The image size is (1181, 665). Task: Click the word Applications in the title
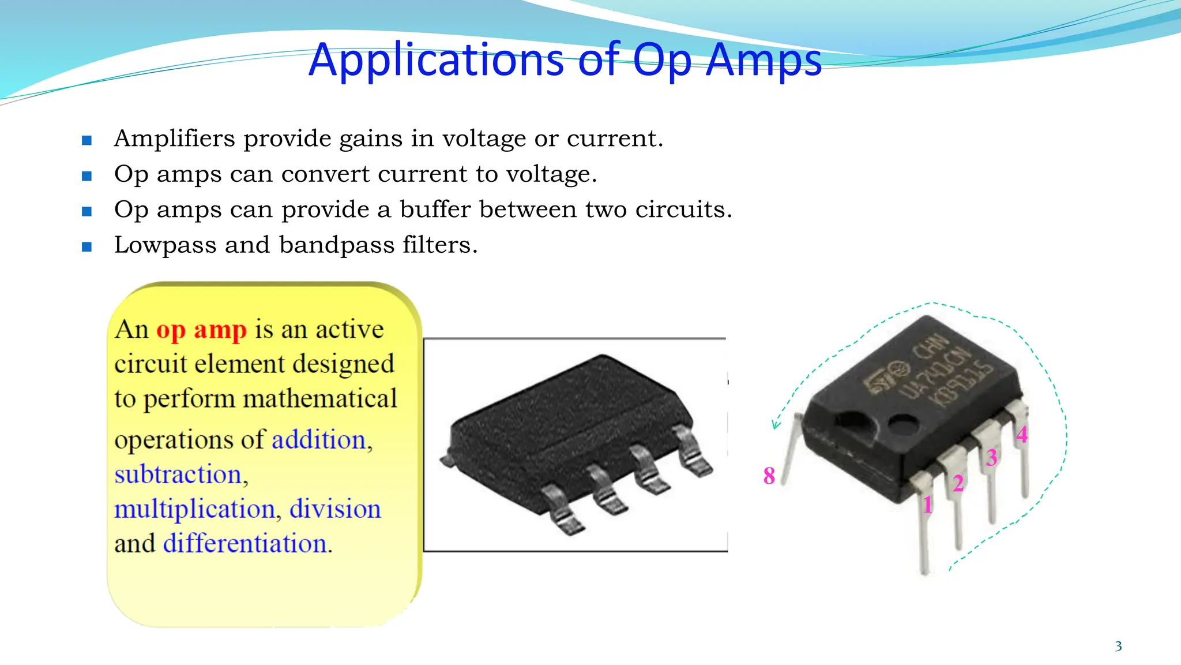click(x=436, y=60)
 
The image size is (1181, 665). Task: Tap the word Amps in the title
click(x=763, y=60)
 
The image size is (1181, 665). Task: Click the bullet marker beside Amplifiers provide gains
click(x=87, y=140)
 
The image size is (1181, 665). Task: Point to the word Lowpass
click(x=165, y=245)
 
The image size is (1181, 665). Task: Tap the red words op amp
click(x=201, y=330)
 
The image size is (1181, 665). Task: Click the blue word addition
click(x=319, y=440)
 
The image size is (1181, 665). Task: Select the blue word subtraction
click(x=178, y=475)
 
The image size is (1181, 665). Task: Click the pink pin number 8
click(x=769, y=476)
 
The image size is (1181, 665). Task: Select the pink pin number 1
click(x=927, y=505)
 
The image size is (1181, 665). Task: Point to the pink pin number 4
click(x=1022, y=435)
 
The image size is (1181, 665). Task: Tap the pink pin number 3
click(x=991, y=458)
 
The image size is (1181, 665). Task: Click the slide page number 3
click(x=1118, y=647)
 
